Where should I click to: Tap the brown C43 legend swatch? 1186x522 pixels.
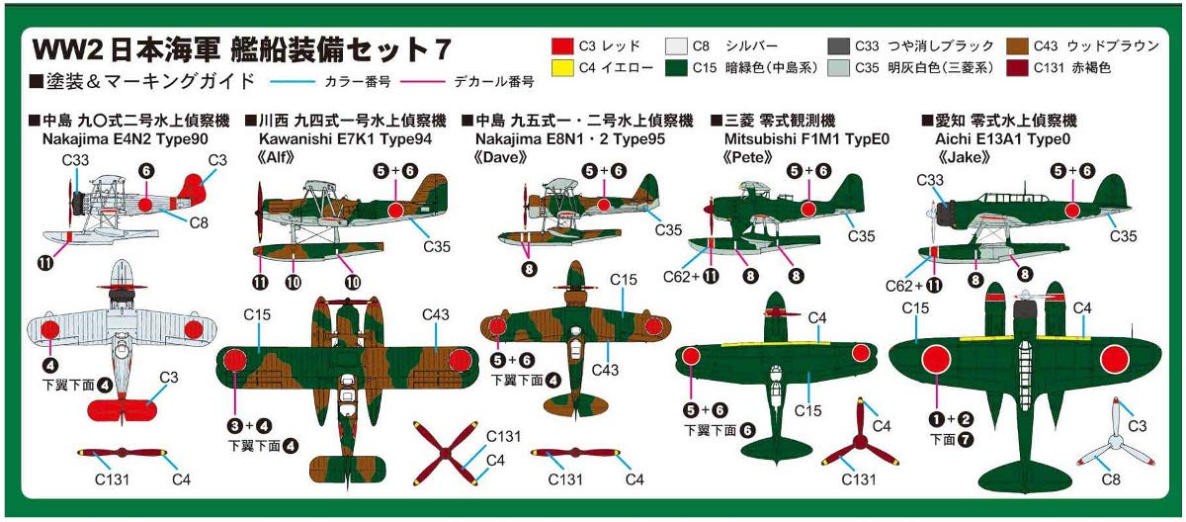pos(1017,45)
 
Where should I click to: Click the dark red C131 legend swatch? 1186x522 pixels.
pos(1017,68)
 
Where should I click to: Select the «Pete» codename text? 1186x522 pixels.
pos(733,156)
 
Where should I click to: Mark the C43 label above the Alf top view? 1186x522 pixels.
pos(436,314)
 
